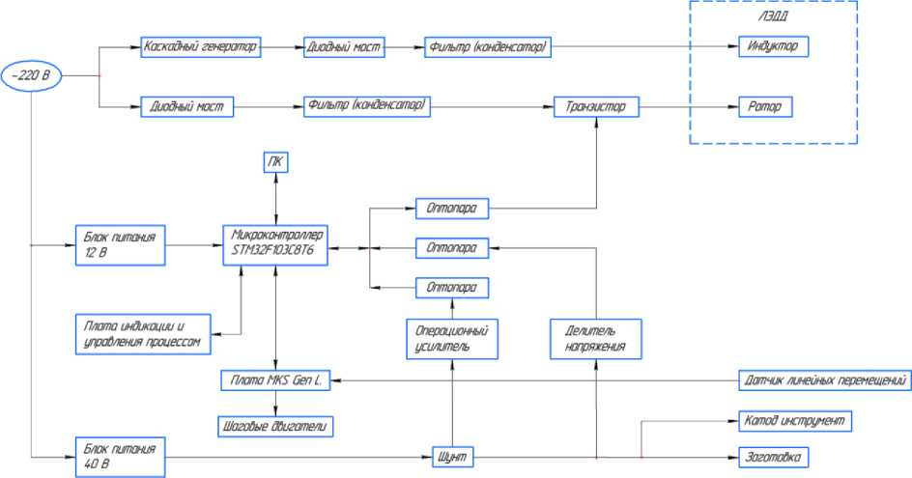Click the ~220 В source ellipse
click(33, 74)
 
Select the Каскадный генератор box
click(202, 45)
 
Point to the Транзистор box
click(596, 105)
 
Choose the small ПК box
click(276, 163)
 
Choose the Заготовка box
click(771, 456)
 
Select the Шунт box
click(452, 456)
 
